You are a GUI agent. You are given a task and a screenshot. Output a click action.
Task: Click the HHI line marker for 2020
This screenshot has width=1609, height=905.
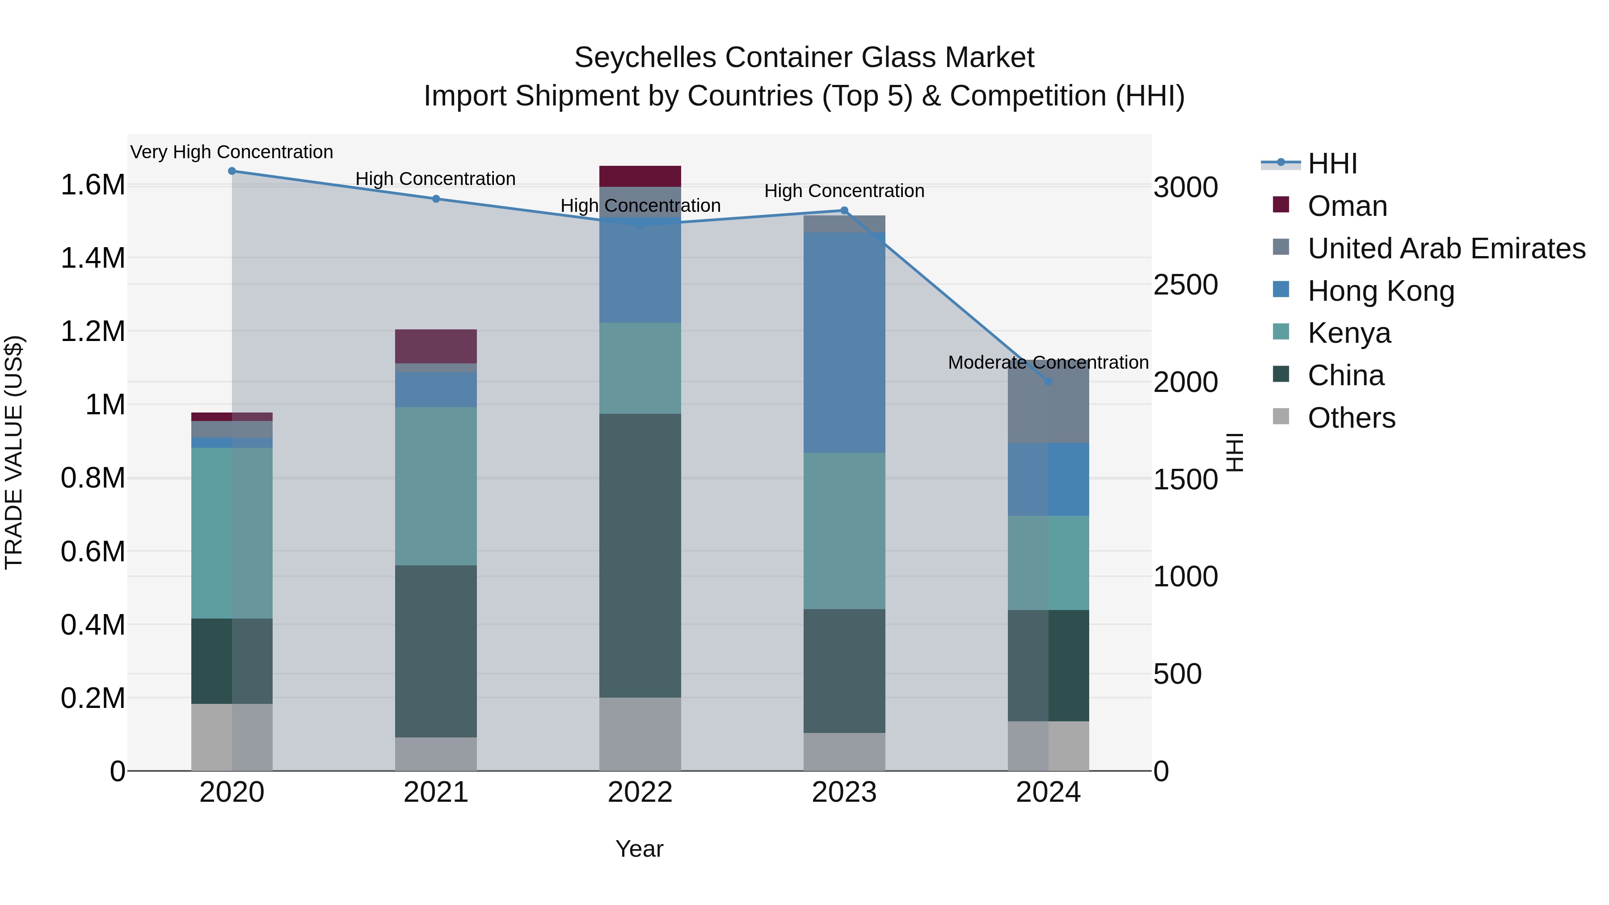tap(232, 171)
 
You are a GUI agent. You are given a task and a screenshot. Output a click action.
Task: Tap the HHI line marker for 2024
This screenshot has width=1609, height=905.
tap(1048, 381)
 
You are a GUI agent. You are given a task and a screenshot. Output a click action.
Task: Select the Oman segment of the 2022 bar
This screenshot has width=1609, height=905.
tap(640, 176)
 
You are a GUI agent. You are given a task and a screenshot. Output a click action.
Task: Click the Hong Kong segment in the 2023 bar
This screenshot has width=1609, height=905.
tap(844, 342)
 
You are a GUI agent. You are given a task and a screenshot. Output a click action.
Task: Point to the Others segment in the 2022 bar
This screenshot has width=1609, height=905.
tap(640, 734)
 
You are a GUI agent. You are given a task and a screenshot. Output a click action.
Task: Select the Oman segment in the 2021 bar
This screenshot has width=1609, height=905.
tap(435, 346)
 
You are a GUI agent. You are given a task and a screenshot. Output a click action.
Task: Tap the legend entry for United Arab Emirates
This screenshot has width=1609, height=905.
tap(1446, 248)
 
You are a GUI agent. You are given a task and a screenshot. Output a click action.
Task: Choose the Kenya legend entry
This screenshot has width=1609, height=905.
tap(1349, 333)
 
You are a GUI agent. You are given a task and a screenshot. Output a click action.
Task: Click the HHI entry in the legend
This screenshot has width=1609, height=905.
tap(1332, 164)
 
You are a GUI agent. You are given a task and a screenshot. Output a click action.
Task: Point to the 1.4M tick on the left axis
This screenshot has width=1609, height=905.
tap(93, 258)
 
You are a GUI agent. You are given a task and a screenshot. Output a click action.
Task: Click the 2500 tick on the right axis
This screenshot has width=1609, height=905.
tap(1185, 285)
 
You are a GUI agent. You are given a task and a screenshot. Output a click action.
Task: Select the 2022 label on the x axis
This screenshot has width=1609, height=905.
tap(640, 792)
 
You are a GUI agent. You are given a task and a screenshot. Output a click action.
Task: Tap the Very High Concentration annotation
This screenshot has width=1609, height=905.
tap(232, 152)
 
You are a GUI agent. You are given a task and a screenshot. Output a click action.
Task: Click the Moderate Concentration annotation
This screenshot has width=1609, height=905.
tap(1048, 362)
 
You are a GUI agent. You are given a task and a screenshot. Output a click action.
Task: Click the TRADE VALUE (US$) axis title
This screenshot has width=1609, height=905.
tap(14, 452)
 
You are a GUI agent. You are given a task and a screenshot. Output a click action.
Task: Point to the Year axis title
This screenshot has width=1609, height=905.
tap(639, 849)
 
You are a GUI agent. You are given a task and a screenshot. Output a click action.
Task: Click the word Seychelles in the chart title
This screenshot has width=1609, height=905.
tap(644, 58)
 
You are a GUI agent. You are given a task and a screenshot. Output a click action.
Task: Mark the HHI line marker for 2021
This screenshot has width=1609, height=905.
tap(436, 198)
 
